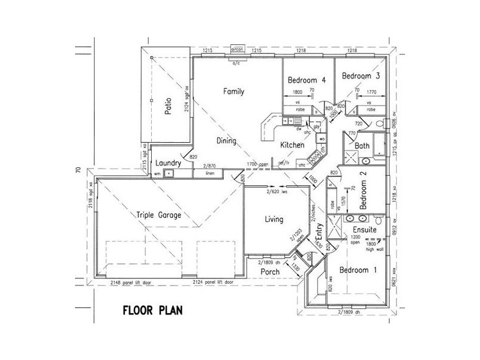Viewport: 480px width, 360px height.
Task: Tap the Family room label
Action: pos(233,91)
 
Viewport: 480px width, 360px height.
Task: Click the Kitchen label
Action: pos(293,145)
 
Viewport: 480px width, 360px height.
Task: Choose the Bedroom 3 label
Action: pos(361,76)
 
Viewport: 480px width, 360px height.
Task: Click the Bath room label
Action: pos(362,146)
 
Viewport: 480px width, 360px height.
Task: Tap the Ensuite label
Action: pos(364,230)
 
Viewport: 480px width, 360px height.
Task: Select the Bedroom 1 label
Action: pos(358,270)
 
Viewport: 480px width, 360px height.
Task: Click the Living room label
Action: pos(274,220)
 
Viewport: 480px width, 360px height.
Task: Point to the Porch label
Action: pos(271,272)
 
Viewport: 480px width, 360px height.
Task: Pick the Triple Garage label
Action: pos(158,214)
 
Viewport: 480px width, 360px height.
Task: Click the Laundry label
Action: pos(168,163)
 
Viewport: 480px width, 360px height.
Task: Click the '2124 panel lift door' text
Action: pos(212,282)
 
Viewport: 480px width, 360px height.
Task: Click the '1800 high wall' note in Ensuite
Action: pos(373,246)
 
